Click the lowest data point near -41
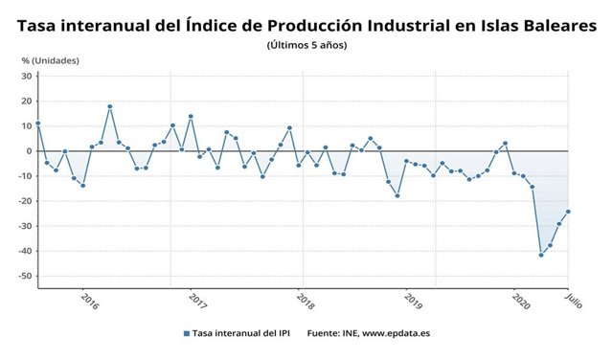541,255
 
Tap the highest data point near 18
110,106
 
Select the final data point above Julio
568,212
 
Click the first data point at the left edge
38,124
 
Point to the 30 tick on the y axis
27,76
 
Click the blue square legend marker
185,334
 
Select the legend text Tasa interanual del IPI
240,334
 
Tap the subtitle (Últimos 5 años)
306,45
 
